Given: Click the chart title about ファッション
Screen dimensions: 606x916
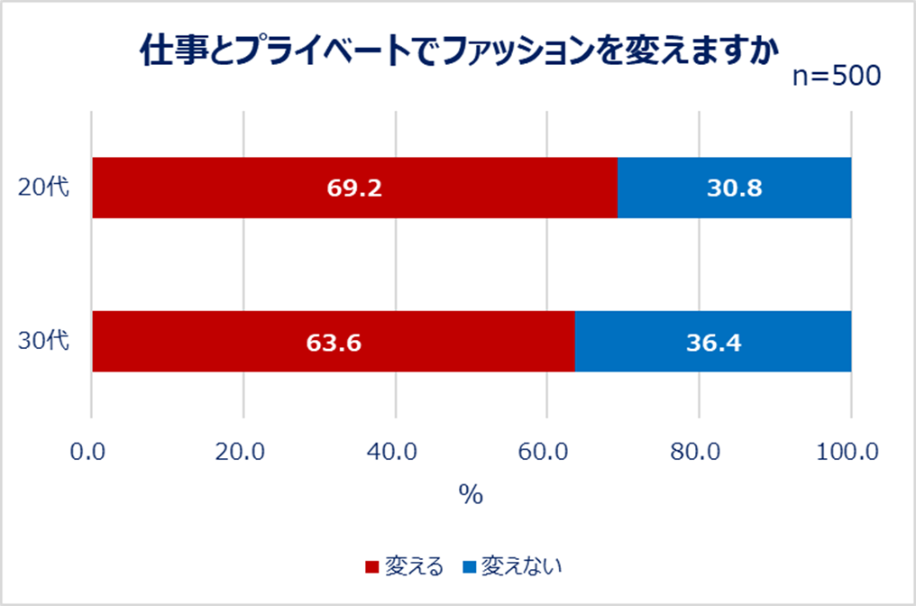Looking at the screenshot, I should click(458, 52).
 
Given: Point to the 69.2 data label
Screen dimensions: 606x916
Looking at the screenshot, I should click(353, 188).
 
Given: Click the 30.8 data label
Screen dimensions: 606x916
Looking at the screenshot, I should click(734, 188).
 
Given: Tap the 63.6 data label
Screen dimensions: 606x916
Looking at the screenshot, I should click(333, 342).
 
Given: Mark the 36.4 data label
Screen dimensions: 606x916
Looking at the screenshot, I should click(712, 342).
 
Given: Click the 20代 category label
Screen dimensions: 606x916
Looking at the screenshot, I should click(43, 188).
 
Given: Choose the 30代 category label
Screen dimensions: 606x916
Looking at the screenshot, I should click(43, 341).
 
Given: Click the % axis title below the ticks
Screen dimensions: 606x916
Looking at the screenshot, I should click(471, 495).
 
